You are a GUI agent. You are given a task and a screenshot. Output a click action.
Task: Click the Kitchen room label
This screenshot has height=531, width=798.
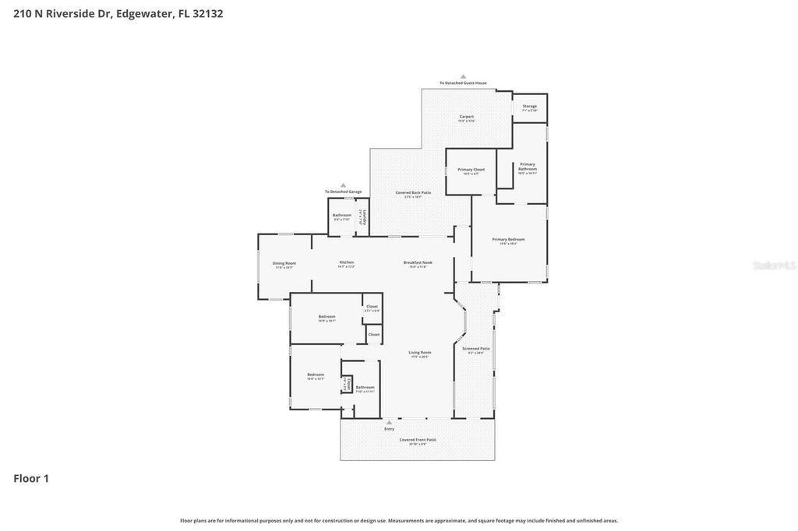pos(347,263)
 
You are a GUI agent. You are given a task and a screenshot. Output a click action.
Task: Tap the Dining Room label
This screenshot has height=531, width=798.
pos(284,264)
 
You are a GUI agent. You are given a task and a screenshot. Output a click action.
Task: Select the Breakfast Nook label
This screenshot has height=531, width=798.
pos(418,263)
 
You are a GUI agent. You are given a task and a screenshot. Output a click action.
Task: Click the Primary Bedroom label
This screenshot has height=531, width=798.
pos(508,240)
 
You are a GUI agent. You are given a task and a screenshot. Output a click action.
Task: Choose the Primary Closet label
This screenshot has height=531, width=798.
pos(471,171)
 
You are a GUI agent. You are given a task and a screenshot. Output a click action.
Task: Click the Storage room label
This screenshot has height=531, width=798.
pos(529,107)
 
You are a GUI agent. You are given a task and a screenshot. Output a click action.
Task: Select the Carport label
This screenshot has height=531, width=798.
pos(466,118)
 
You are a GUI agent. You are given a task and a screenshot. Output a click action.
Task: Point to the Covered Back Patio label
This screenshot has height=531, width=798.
pos(413,193)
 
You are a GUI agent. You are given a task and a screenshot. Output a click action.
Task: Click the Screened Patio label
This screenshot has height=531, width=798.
pos(475,350)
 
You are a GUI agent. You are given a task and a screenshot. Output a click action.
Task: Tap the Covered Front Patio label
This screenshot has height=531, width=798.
pos(418,440)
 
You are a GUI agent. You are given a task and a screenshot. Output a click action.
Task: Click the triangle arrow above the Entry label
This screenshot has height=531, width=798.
pos(390,422)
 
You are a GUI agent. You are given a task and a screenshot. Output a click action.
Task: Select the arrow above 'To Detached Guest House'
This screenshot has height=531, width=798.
pos(463,76)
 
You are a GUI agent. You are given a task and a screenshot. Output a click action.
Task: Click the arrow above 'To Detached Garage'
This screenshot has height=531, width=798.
pos(343,185)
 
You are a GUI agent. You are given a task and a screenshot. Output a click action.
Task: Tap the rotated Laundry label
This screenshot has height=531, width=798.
pos(361,217)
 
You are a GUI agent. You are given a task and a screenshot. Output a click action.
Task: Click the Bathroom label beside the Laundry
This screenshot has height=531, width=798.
pos(341,216)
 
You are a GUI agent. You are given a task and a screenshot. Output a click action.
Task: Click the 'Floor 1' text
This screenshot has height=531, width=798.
pos(31,478)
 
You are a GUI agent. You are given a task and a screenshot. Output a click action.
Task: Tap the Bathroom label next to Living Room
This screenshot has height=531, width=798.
pos(365,388)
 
